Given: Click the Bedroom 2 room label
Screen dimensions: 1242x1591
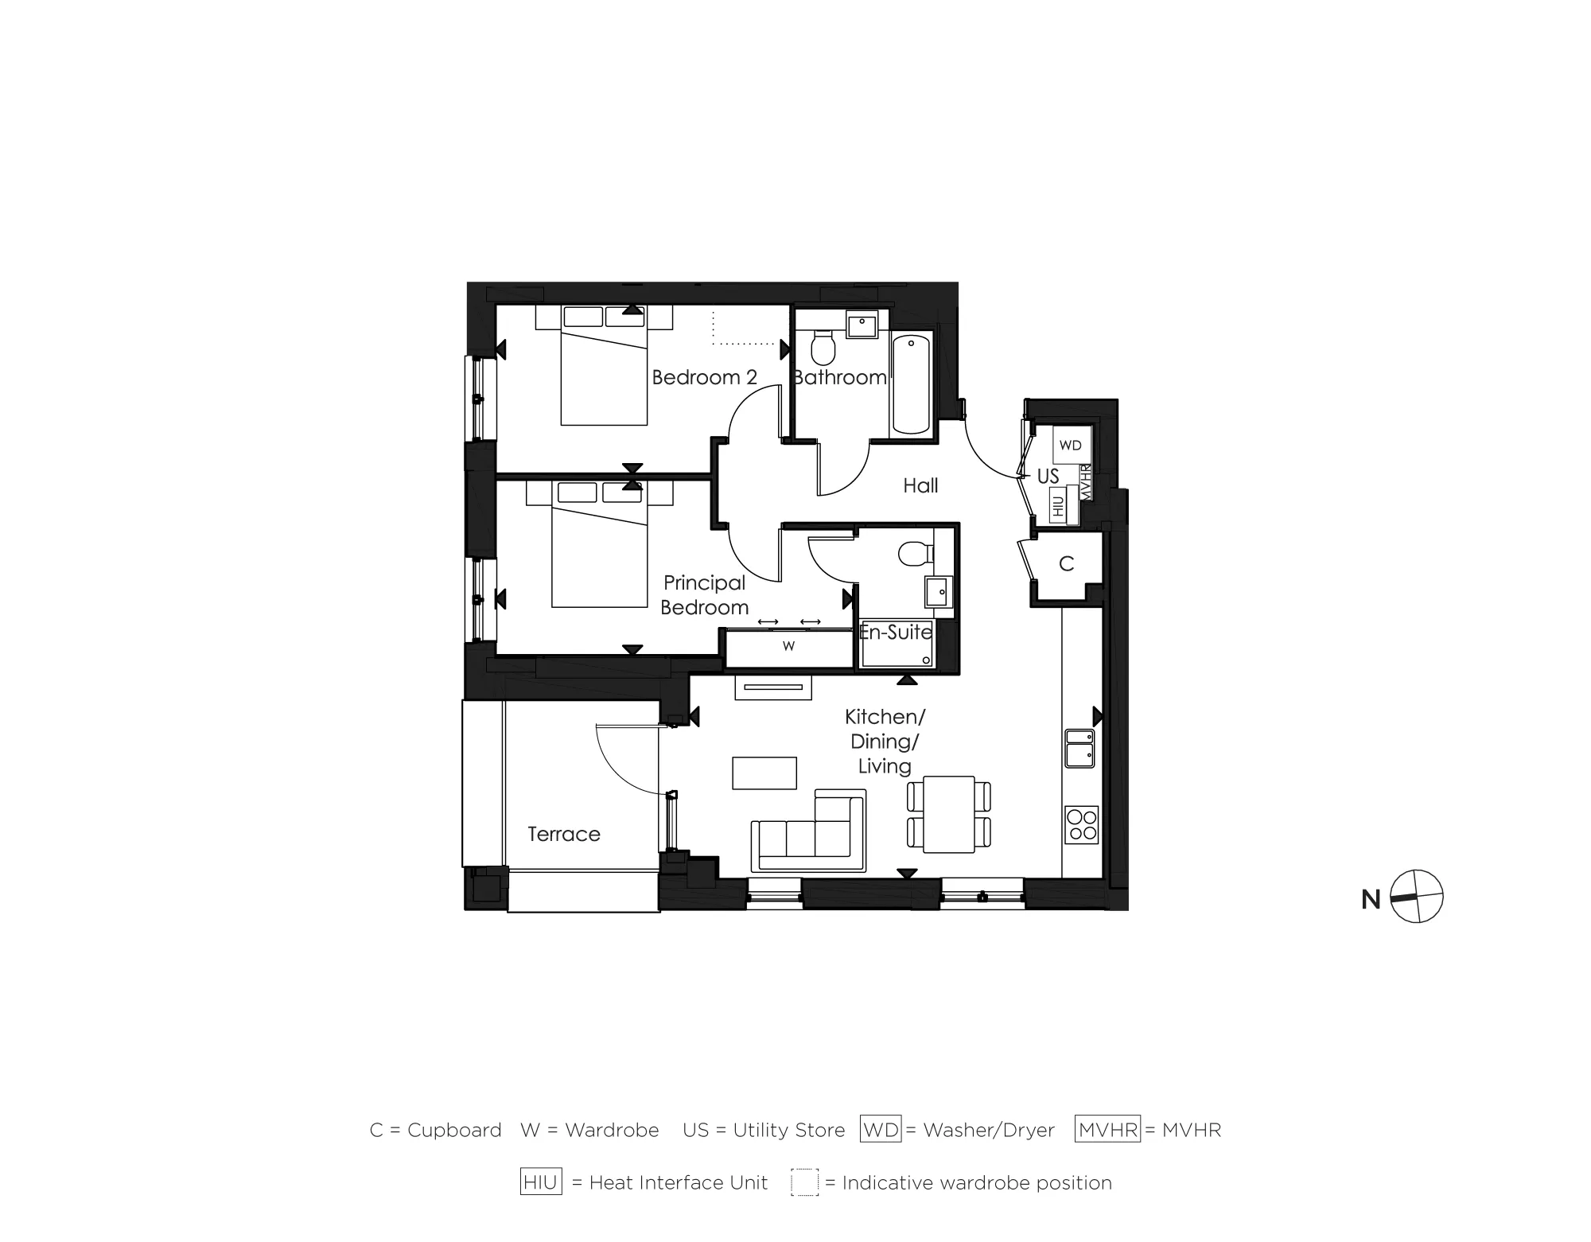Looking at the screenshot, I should [704, 377].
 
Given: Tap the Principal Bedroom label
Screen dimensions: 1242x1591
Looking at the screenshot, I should [704, 595].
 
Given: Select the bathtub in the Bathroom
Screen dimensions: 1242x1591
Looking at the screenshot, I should [911, 384].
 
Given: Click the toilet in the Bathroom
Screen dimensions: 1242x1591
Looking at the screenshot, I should [823, 348].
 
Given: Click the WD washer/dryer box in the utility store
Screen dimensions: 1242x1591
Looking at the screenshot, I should [1071, 446].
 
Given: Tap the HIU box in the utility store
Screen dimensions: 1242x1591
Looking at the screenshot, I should [1058, 506].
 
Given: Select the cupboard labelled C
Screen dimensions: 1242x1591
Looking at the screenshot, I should [1066, 564].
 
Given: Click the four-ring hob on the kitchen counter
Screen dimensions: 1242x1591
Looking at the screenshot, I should [1081, 825].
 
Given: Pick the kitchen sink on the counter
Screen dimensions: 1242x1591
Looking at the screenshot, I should [1079, 749].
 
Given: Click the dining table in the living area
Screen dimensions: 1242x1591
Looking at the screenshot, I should [949, 814].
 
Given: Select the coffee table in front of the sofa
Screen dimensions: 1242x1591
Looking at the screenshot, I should [764, 773].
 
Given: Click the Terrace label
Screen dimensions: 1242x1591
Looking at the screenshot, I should [563, 834].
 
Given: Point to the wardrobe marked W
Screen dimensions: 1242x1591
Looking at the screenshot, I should [788, 647].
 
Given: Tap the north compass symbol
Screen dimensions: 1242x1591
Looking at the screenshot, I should [1417, 897].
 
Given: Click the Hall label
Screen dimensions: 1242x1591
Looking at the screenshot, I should [920, 485].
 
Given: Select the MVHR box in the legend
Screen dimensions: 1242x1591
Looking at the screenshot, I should [1107, 1129].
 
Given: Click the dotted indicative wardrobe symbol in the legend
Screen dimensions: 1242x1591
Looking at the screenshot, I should [804, 1182].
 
